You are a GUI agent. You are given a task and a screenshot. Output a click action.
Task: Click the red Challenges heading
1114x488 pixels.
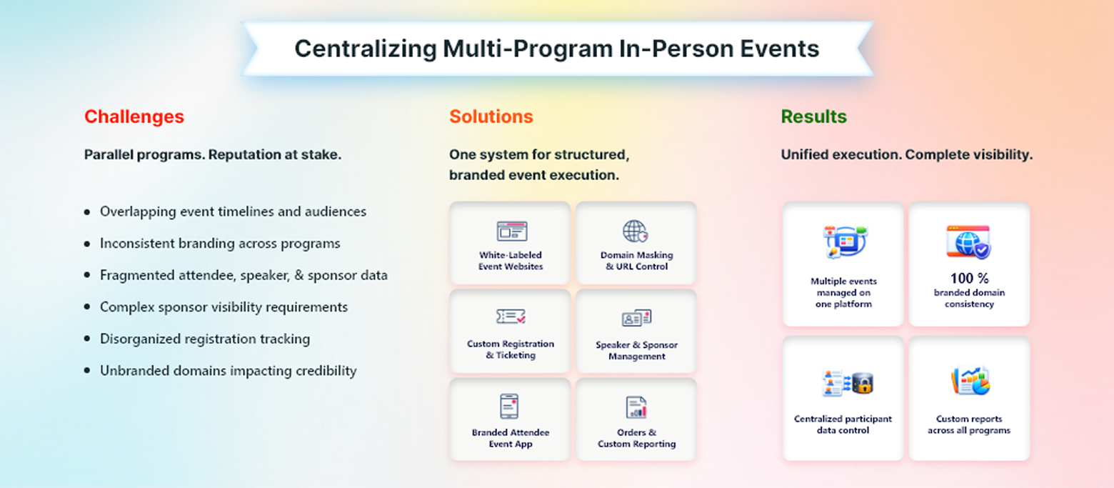134,117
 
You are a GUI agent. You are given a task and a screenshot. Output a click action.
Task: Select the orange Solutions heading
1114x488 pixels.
491,117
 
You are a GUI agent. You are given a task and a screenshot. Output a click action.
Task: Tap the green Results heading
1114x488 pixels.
813,117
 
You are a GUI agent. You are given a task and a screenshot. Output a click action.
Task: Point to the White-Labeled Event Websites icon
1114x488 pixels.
511,231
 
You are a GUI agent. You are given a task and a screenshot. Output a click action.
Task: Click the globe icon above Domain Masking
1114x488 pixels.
634,231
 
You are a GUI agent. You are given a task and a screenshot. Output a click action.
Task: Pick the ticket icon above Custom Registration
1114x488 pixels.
511,317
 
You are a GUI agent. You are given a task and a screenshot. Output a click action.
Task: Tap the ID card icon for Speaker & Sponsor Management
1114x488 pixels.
636,318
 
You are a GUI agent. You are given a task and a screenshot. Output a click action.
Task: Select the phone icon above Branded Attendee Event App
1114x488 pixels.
509,407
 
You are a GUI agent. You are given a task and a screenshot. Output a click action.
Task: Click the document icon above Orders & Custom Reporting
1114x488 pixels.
636,407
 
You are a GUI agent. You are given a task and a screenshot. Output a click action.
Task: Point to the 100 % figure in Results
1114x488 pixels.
969,279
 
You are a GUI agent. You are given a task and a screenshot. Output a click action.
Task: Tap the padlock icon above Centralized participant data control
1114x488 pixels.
863,384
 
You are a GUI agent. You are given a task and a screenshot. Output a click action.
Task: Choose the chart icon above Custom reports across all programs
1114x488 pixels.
970,382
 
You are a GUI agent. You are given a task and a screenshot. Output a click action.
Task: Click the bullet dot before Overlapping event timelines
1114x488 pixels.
87,212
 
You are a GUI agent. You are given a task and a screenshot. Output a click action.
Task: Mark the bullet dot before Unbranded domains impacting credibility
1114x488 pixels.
87,371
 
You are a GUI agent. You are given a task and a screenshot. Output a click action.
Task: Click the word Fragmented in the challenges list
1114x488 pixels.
134,275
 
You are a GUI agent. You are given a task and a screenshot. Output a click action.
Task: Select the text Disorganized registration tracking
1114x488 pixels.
204,339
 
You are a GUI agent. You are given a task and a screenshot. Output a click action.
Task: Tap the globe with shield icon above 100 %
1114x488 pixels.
969,241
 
